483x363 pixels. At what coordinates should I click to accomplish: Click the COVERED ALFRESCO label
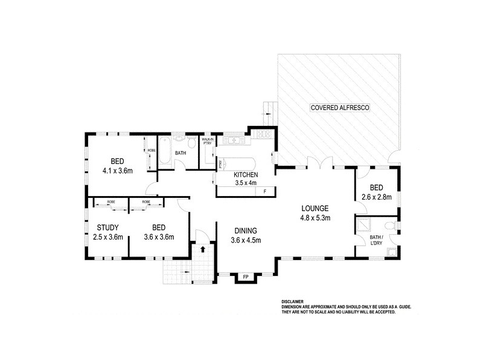pos(340,108)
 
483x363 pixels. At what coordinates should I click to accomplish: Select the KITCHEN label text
pos(246,175)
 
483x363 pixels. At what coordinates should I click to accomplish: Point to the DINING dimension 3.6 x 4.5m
pos(246,240)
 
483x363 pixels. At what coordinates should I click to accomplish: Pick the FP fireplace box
pos(245,277)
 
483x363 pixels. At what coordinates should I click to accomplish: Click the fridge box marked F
pos(264,192)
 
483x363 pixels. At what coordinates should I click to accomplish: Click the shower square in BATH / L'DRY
pos(365,226)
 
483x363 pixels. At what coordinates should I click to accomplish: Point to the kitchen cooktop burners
pos(264,134)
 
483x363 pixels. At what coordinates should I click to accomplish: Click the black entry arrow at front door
pos(203,248)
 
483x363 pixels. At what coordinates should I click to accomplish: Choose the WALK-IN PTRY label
pos(207,142)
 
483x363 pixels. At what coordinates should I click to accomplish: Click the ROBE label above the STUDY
pos(112,201)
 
